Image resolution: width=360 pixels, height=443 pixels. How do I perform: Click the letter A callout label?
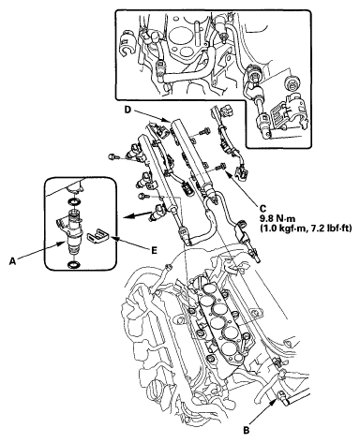coord(12,261)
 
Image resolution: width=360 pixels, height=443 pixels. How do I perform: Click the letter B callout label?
coord(247,430)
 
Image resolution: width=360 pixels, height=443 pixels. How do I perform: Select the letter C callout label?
coord(263,208)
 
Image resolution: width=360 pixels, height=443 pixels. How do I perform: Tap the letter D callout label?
coord(127,110)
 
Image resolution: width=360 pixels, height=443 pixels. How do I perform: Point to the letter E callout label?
coord(154,250)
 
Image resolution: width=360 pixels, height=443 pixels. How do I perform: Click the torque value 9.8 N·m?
coord(276,218)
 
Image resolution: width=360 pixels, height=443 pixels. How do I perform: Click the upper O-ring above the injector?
coord(73,201)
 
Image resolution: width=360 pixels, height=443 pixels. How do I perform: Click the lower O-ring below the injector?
coord(73,265)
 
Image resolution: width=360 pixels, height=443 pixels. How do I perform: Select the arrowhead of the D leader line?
coord(169,121)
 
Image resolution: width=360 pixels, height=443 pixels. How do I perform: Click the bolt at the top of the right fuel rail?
coord(203,130)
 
